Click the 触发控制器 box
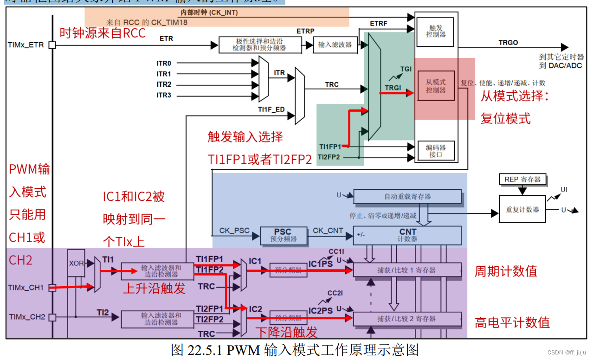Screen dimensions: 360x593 pyautogui.click(x=435, y=32)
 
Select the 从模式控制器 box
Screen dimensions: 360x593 pyautogui.click(x=435, y=86)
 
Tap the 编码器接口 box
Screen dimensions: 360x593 pyautogui.click(x=435, y=151)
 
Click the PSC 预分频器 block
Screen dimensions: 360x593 pyautogui.click(x=283, y=235)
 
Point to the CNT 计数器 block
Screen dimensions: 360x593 pyautogui.click(x=407, y=235)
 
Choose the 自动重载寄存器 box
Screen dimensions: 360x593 pyautogui.click(x=407, y=196)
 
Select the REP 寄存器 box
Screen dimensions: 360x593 pyautogui.click(x=522, y=180)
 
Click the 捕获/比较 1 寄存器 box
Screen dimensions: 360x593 pyautogui.click(x=407, y=270)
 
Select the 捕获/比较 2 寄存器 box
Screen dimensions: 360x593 pyautogui.click(x=407, y=319)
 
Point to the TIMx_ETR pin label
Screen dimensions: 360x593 pyautogui.click(x=26, y=45)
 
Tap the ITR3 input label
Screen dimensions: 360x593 pyautogui.click(x=164, y=95)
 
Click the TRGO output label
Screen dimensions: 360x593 pyautogui.click(x=508, y=42)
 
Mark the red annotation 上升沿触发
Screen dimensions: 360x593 pyautogui.click(x=154, y=289)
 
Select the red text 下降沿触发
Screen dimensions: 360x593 pyautogui.click(x=287, y=332)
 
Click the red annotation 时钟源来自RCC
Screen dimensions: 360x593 pyautogui.click(x=103, y=32)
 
